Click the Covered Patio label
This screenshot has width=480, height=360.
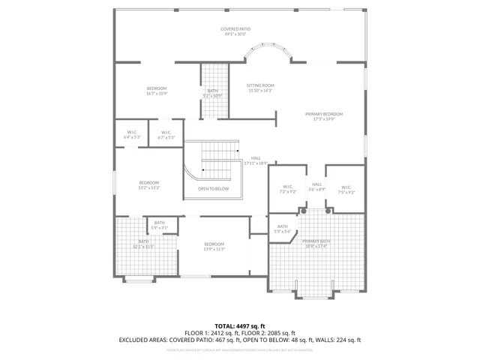tap(235, 31)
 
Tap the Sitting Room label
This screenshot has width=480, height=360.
tap(260, 88)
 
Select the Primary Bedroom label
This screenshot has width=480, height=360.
tap(323, 116)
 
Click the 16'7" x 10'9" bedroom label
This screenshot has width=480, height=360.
tap(157, 91)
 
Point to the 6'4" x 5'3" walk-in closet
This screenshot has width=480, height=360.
tap(132, 135)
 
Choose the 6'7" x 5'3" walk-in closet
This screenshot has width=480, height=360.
tap(166, 135)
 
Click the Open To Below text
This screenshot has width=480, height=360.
tap(213, 189)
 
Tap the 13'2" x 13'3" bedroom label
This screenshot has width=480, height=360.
tap(149, 185)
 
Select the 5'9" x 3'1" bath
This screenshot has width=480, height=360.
tap(160, 224)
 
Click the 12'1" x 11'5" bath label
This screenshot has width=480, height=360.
tap(143, 244)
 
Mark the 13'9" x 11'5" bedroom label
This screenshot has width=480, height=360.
tap(214, 246)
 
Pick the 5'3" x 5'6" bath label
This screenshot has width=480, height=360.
tap(282, 229)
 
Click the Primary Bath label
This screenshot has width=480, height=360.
tap(316, 243)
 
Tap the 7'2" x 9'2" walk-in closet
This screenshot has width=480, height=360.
tap(287, 189)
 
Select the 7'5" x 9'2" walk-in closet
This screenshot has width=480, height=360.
tap(345, 189)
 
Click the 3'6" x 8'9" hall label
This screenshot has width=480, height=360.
tap(316, 187)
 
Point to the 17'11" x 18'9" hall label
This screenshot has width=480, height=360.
tap(256, 160)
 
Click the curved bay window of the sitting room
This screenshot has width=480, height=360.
tap(268, 52)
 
